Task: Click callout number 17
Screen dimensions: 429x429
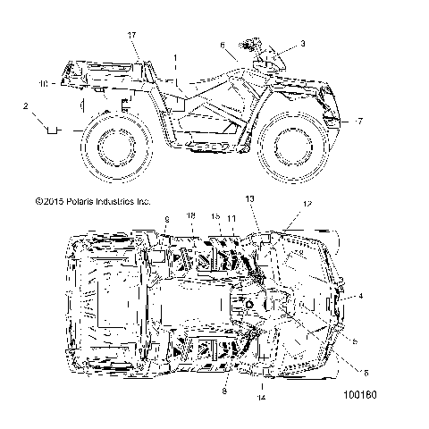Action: (132, 35)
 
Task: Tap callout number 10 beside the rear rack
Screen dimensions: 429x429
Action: (43, 84)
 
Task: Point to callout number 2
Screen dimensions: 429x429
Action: (27, 106)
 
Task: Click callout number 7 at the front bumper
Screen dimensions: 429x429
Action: (359, 120)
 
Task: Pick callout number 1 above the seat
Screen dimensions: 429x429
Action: (176, 57)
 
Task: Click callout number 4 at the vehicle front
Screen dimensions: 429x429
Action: (361, 295)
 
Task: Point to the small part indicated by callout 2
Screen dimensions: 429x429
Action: (53, 130)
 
